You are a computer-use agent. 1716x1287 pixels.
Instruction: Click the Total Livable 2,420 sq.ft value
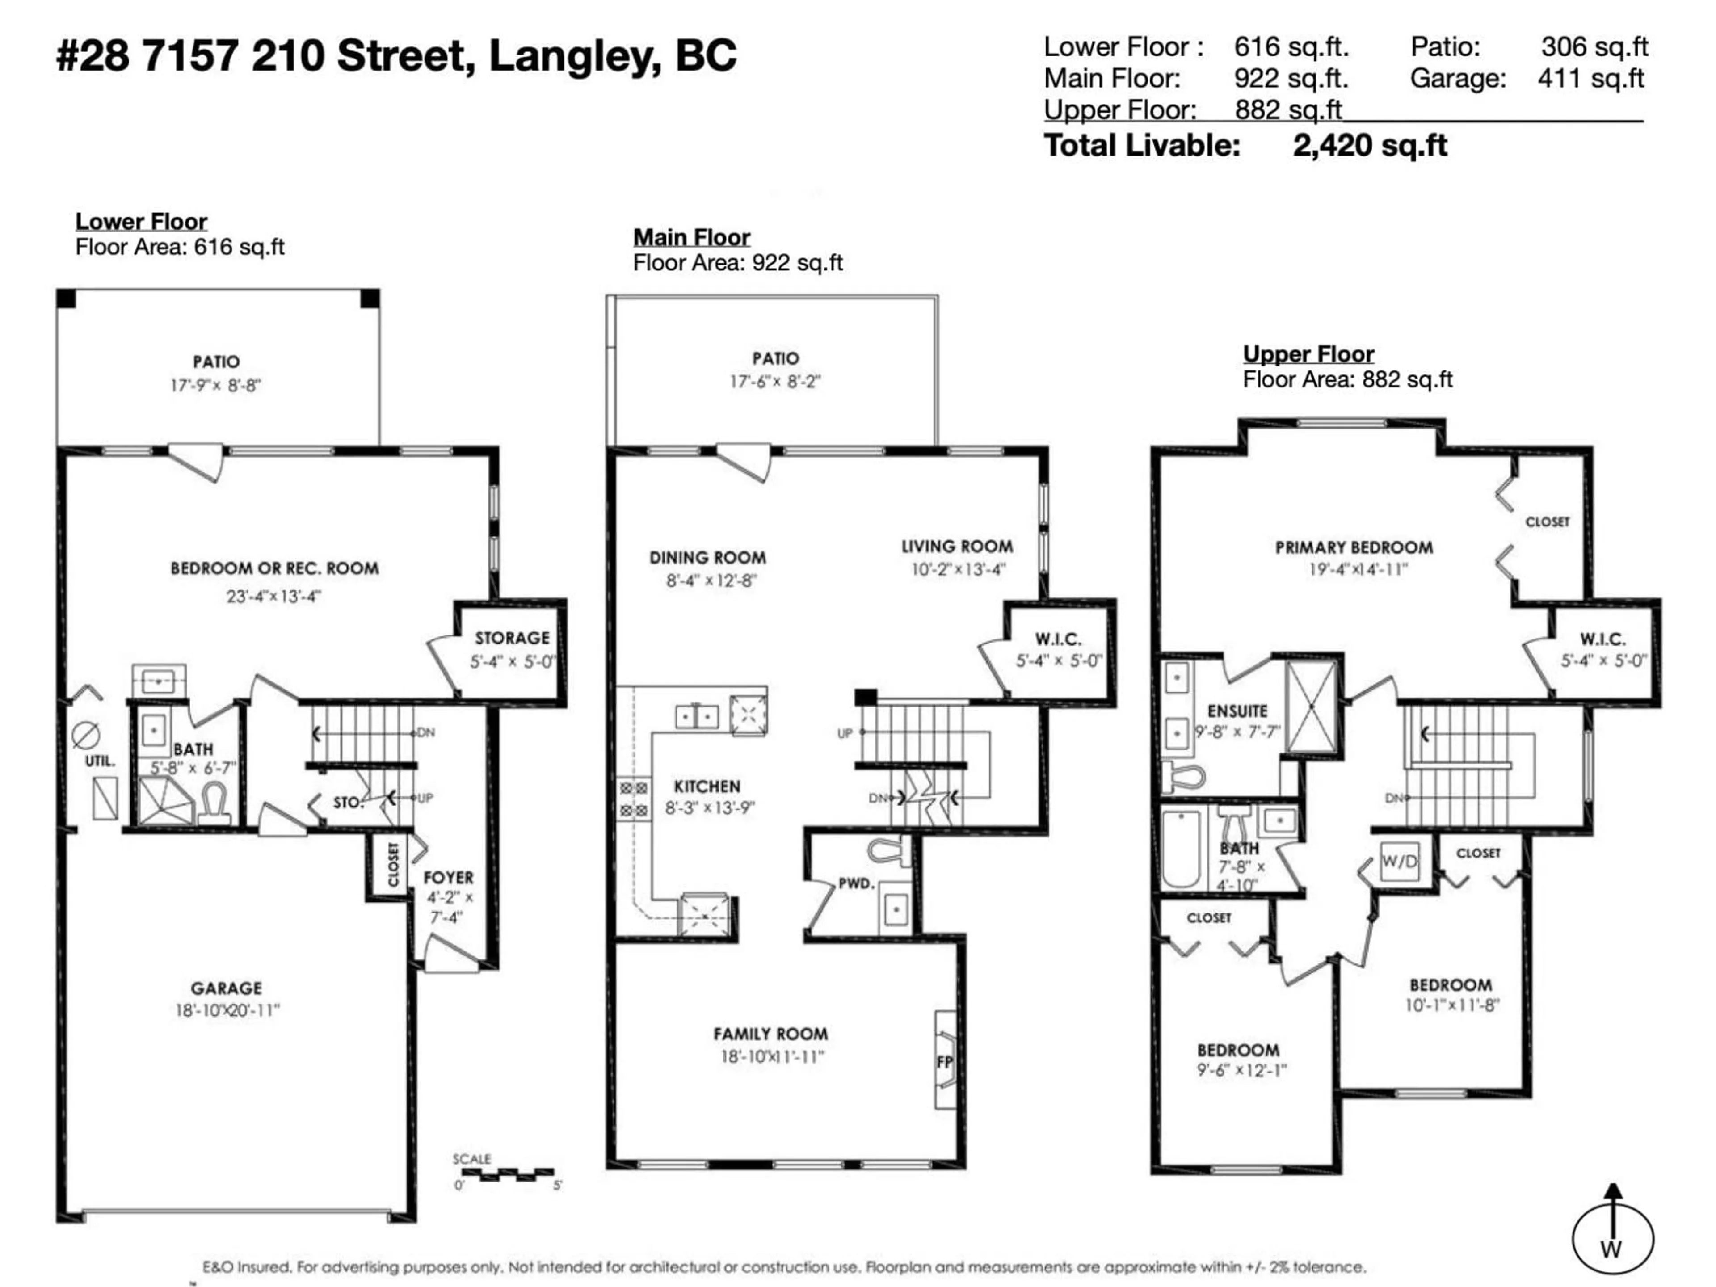tap(1369, 146)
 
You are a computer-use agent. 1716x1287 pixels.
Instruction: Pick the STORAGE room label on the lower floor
tap(512, 638)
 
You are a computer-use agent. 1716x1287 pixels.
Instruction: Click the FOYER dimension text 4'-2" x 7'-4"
tap(448, 907)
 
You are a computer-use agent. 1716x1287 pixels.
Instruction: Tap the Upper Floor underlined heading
tap(1308, 354)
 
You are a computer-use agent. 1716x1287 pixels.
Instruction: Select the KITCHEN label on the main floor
tap(707, 786)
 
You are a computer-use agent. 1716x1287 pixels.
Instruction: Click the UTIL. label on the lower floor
tap(99, 761)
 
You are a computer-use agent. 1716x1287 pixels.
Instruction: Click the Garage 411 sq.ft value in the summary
tap(1590, 78)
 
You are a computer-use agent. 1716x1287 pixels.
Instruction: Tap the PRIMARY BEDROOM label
tap(1354, 547)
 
